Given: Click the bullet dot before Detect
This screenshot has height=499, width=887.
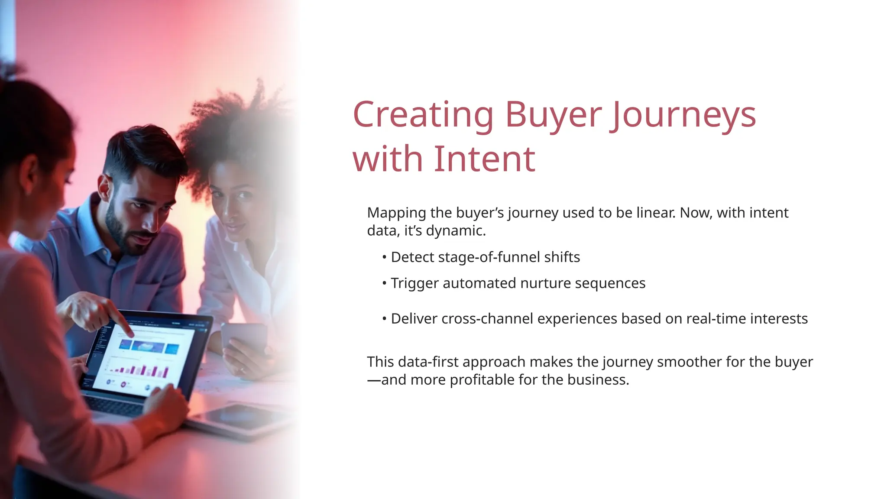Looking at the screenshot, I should pyautogui.click(x=384, y=257).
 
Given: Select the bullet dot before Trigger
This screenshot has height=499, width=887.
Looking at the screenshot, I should pyautogui.click(x=384, y=283).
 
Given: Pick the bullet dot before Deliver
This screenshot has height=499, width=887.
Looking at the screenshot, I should pyautogui.click(x=384, y=319).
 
